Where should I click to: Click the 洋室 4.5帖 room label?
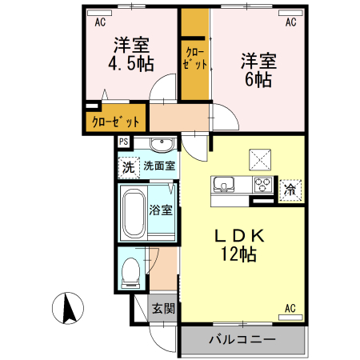pyautogui.click(x=131, y=54)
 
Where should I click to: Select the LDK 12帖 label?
pyautogui.click(x=238, y=246)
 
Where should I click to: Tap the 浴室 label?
pyautogui.click(x=161, y=210)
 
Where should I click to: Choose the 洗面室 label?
pyautogui.click(x=159, y=167)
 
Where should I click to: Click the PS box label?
pyautogui.click(x=123, y=142)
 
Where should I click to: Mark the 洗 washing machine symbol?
pyautogui.click(x=128, y=168)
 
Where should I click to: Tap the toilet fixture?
pyautogui.click(x=130, y=273)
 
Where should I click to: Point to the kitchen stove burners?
pyautogui.click(x=262, y=185)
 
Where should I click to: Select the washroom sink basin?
pyautogui.click(x=162, y=146)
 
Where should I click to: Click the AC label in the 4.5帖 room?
pyautogui.click(x=101, y=22)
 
